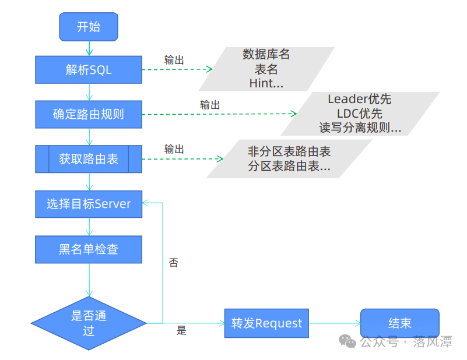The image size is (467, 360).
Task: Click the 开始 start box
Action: [x=89, y=27]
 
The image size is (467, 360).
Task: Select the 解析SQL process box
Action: [x=89, y=70]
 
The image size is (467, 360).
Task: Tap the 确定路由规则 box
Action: [x=89, y=114]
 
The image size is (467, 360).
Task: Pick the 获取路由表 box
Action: [x=89, y=159]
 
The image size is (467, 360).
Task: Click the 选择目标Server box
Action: [x=89, y=204]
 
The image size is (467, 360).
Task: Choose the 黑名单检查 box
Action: [x=89, y=249]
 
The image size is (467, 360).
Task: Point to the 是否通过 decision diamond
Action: [x=89, y=323]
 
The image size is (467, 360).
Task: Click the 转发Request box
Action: [x=266, y=323]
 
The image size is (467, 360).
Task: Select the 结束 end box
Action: [x=400, y=323]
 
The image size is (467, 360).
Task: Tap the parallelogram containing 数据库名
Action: [x=266, y=69]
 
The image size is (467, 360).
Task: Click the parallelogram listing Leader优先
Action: [x=360, y=114]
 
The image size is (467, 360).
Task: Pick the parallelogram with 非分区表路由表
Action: [x=289, y=159]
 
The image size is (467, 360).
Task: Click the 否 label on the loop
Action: [x=173, y=262]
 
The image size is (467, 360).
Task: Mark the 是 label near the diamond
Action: [x=181, y=330]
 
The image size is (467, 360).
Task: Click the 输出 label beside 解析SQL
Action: [x=174, y=60]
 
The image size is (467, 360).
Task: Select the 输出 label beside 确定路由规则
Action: [x=210, y=105]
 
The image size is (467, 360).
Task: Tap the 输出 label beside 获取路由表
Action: [x=174, y=149]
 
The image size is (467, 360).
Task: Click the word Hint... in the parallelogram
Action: [x=266, y=83]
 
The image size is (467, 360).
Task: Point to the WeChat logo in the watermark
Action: [x=347, y=341]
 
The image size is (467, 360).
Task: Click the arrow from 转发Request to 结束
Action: [x=335, y=323]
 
